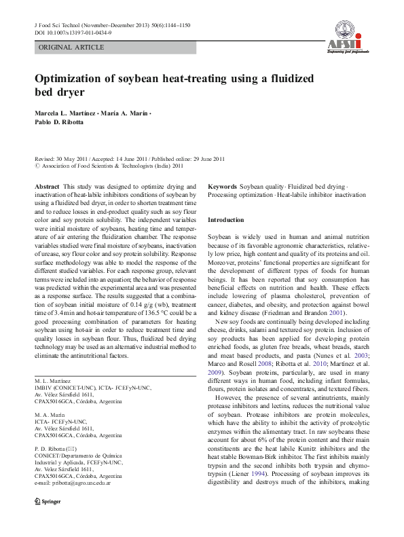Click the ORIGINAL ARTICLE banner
71,48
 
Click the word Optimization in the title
75,79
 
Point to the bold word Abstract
47,186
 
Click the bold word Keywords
223,186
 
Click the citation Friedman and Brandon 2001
305,315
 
